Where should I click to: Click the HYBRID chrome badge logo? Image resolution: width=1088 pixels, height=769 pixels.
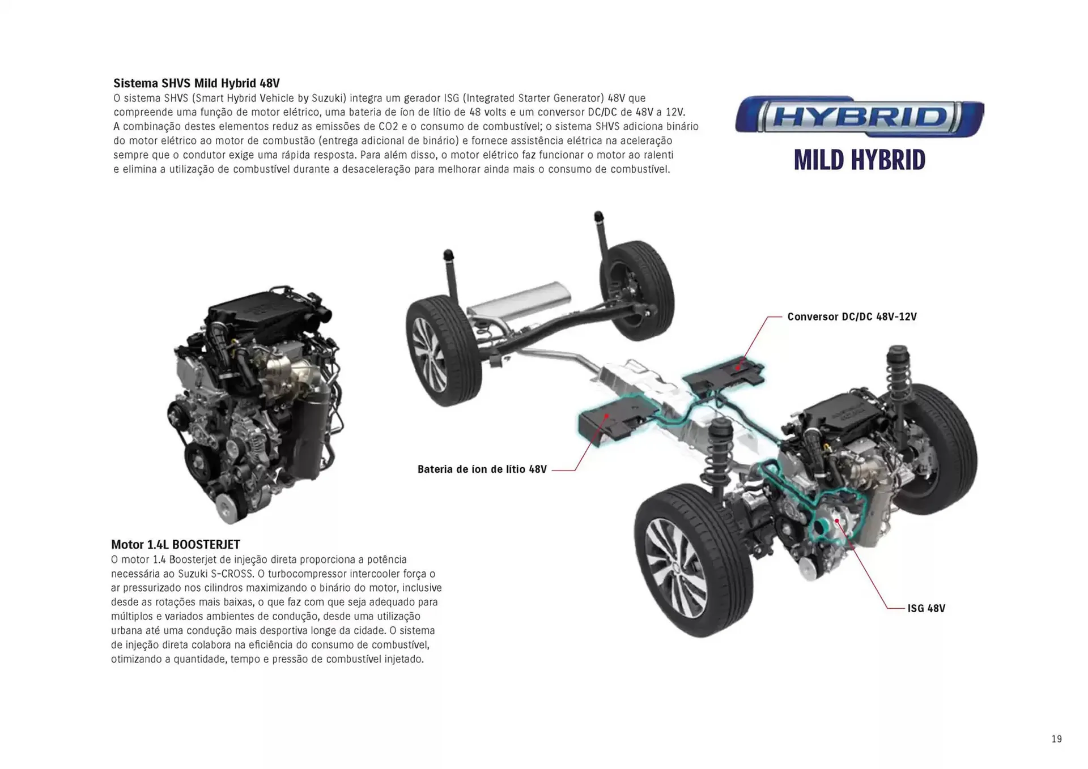[859, 117]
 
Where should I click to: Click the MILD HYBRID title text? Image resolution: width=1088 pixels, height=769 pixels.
[859, 160]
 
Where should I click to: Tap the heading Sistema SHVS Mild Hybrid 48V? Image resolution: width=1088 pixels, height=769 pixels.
[196, 83]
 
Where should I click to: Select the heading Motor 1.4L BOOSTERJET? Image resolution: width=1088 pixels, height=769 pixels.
[175, 544]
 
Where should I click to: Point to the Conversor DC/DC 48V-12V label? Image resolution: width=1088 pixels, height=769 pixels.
[851, 317]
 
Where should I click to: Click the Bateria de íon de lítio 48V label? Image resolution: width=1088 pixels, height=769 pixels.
[482, 469]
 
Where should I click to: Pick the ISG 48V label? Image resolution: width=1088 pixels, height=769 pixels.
[926, 608]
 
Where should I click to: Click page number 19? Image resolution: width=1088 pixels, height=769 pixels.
[1056, 739]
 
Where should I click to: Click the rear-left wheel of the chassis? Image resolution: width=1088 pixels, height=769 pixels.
[443, 351]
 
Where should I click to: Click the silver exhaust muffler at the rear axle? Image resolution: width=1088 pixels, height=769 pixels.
[518, 305]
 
